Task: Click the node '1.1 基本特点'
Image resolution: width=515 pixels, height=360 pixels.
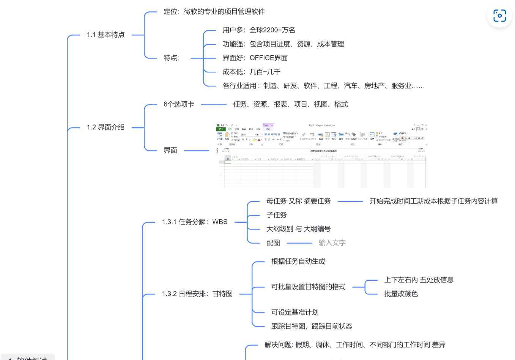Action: pyautogui.click(x=106, y=35)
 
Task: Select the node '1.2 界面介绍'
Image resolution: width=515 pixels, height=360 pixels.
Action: pyautogui.click(x=106, y=127)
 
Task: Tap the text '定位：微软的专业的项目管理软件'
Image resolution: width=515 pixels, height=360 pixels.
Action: pyautogui.click(x=214, y=12)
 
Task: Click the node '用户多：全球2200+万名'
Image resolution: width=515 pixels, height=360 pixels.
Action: pyautogui.click(x=258, y=30)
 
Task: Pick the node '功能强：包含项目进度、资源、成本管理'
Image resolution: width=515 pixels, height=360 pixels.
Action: pyautogui.click(x=283, y=44)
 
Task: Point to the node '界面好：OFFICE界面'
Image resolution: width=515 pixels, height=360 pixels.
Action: pyautogui.click(x=255, y=58)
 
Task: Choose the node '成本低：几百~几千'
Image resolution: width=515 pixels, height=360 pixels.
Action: pyautogui.click(x=251, y=72)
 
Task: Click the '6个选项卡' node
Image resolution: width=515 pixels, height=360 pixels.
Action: pyautogui.click(x=179, y=104)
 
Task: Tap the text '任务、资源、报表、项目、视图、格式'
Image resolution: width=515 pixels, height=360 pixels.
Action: pyautogui.click(x=290, y=104)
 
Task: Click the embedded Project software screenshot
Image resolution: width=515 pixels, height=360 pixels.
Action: pyautogui.click(x=321, y=156)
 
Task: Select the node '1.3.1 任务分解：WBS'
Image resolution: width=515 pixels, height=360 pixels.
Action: pyautogui.click(x=195, y=222)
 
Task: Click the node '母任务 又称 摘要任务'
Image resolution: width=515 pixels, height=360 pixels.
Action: pyautogui.click(x=298, y=201)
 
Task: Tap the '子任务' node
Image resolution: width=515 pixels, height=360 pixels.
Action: pyautogui.click(x=276, y=215)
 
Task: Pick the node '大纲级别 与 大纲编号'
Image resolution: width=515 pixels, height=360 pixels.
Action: pyautogui.click(x=298, y=229)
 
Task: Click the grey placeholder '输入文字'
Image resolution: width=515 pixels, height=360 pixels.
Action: pyautogui.click(x=332, y=243)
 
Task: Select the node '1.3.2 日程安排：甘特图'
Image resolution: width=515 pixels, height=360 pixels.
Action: pyautogui.click(x=197, y=294)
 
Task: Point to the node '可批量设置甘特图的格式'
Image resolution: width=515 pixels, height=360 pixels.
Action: pyautogui.click(x=308, y=287)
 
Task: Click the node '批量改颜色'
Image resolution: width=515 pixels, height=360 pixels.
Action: pyautogui.click(x=401, y=294)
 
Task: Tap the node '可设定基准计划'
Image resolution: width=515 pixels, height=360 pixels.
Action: pyautogui.click(x=295, y=313)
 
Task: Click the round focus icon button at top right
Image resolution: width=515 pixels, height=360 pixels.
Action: pyautogui.click(x=499, y=16)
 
